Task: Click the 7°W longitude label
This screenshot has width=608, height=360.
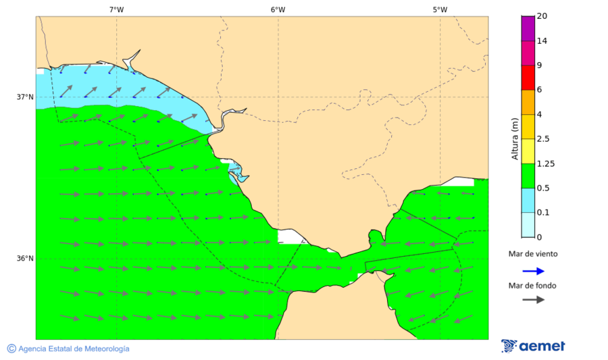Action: click(x=116, y=9)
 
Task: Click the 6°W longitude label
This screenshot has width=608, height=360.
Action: click(x=278, y=9)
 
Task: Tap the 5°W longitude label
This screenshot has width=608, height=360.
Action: click(x=440, y=9)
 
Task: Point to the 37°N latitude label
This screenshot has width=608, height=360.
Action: click(x=25, y=97)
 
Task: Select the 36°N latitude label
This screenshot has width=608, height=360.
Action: click(x=25, y=258)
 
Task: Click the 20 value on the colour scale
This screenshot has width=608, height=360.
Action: click(x=542, y=16)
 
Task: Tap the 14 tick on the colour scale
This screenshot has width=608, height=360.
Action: click(x=542, y=41)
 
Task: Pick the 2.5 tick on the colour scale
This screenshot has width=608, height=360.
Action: click(x=542, y=139)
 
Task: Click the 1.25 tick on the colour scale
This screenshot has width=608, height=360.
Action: click(x=544, y=163)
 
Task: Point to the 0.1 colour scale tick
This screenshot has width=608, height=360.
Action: click(x=542, y=213)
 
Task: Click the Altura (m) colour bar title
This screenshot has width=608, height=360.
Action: click(x=515, y=138)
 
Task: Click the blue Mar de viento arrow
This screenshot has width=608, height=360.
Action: click(x=534, y=271)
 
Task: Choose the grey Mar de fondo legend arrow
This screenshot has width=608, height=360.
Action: click(x=534, y=299)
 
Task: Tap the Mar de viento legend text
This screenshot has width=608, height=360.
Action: click(x=533, y=254)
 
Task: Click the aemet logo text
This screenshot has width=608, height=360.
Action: click(x=542, y=346)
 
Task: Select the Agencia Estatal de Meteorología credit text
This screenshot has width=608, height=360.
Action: click(x=74, y=349)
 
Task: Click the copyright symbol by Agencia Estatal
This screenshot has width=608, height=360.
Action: click(x=11, y=349)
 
